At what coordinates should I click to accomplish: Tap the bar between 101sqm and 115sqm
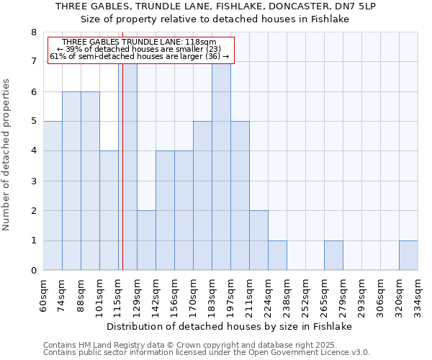(x=109, y=210)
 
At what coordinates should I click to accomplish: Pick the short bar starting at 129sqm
(x=146, y=240)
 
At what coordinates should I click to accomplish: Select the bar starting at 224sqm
(x=277, y=256)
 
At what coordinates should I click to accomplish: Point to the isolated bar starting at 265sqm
(x=333, y=256)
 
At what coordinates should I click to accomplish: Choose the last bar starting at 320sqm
(x=408, y=256)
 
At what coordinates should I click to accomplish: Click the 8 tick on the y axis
(x=33, y=32)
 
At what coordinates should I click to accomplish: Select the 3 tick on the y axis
(x=33, y=181)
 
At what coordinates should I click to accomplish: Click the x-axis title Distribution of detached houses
(x=230, y=327)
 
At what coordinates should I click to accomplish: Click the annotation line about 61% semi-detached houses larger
(x=140, y=56)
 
